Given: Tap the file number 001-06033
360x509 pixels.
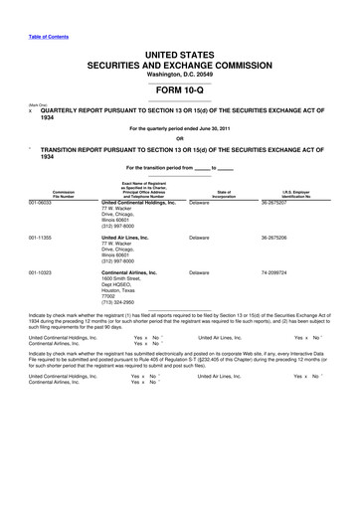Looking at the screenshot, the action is click(x=41, y=203).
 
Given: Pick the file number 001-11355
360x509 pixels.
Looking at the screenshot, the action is click(x=41, y=238).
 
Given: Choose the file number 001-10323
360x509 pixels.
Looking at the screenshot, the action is click(x=41, y=271).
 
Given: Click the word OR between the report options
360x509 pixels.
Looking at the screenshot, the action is click(x=179, y=137).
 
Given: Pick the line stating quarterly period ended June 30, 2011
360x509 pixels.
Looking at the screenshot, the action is click(x=179, y=127).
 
